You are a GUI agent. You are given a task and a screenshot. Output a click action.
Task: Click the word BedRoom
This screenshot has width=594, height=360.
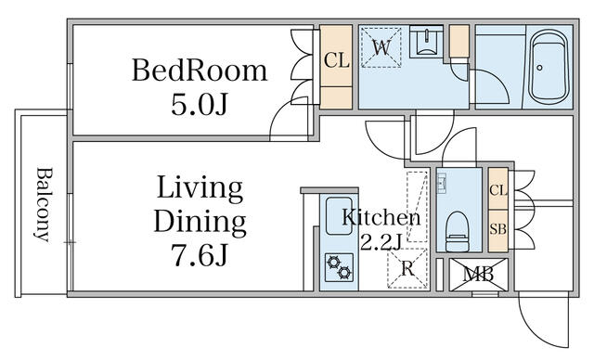[x=200, y=71]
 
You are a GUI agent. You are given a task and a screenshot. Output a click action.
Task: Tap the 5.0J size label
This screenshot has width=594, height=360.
[x=200, y=104]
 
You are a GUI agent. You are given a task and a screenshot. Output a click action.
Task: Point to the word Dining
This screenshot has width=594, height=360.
[x=200, y=223]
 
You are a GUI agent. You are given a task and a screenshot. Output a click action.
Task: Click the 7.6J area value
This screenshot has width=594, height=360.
[x=200, y=254]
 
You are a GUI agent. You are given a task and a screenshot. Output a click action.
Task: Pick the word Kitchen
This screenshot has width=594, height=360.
[x=381, y=218]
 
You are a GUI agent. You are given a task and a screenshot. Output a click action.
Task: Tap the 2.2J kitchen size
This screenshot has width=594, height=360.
[x=381, y=242]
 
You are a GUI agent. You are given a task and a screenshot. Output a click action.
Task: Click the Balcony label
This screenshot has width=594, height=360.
[x=43, y=204]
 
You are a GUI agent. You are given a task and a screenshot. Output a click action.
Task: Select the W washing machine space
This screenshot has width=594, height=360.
[x=381, y=47]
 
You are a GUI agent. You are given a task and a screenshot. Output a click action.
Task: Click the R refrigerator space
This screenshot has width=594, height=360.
[x=407, y=268]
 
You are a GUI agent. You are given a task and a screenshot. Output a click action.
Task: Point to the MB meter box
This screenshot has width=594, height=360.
[x=479, y=275]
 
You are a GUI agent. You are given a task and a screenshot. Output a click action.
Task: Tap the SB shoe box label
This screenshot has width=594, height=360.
[x=497, y=229]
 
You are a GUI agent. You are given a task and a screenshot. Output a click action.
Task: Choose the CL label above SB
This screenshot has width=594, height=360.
[x=497, y=190]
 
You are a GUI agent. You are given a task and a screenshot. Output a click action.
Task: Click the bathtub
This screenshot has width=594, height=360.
[x=549, y=67]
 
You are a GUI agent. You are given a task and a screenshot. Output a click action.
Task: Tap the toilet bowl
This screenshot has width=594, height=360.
[x=457, y=232]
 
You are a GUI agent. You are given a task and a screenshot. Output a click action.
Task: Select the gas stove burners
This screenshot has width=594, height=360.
[x=339, y=267]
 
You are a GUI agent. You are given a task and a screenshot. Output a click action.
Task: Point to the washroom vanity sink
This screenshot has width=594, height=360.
[x=426, y=41]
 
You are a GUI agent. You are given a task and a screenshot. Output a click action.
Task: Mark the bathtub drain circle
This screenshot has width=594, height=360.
[x=539, y=68]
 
